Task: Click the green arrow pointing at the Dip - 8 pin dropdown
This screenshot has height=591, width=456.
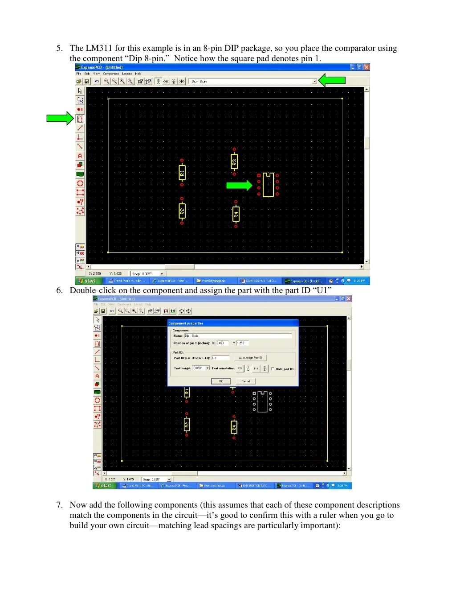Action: click(332, 80)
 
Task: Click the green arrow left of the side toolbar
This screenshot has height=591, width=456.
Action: click(60, 118)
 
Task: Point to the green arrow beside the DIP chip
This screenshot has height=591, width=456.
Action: click(239, 185)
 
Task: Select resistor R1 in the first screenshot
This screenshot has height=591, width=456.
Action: click(182, 172)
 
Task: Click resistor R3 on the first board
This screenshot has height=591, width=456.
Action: click(234, 161)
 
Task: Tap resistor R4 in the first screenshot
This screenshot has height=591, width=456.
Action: click(236, 214)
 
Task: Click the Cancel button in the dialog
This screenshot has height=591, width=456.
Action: click(246, 381)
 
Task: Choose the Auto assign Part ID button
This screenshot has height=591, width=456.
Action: click(250, 358)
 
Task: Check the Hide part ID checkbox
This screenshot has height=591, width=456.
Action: click(273, 369)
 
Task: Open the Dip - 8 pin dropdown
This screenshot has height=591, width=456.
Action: click(314, 81)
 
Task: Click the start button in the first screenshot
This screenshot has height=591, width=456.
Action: click(88, 281)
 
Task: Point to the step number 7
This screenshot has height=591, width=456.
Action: click(59, 505)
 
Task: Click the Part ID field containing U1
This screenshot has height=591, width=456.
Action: click(220, 358)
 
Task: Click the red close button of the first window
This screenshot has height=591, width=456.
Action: click(366, 67)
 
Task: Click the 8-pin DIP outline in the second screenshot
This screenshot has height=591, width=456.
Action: click(262, 401)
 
